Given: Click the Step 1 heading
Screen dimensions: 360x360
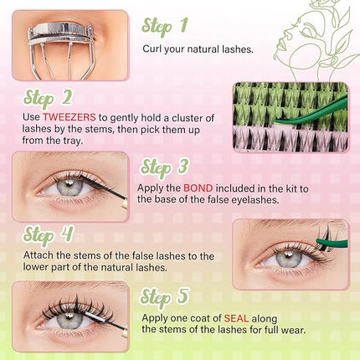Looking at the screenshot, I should coord(170,28).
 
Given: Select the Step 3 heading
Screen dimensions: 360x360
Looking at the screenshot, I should coord(170,167).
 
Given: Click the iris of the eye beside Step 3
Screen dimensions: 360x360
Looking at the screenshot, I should coord(59,188).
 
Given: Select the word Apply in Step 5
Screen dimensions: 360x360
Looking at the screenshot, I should coord(154,317).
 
